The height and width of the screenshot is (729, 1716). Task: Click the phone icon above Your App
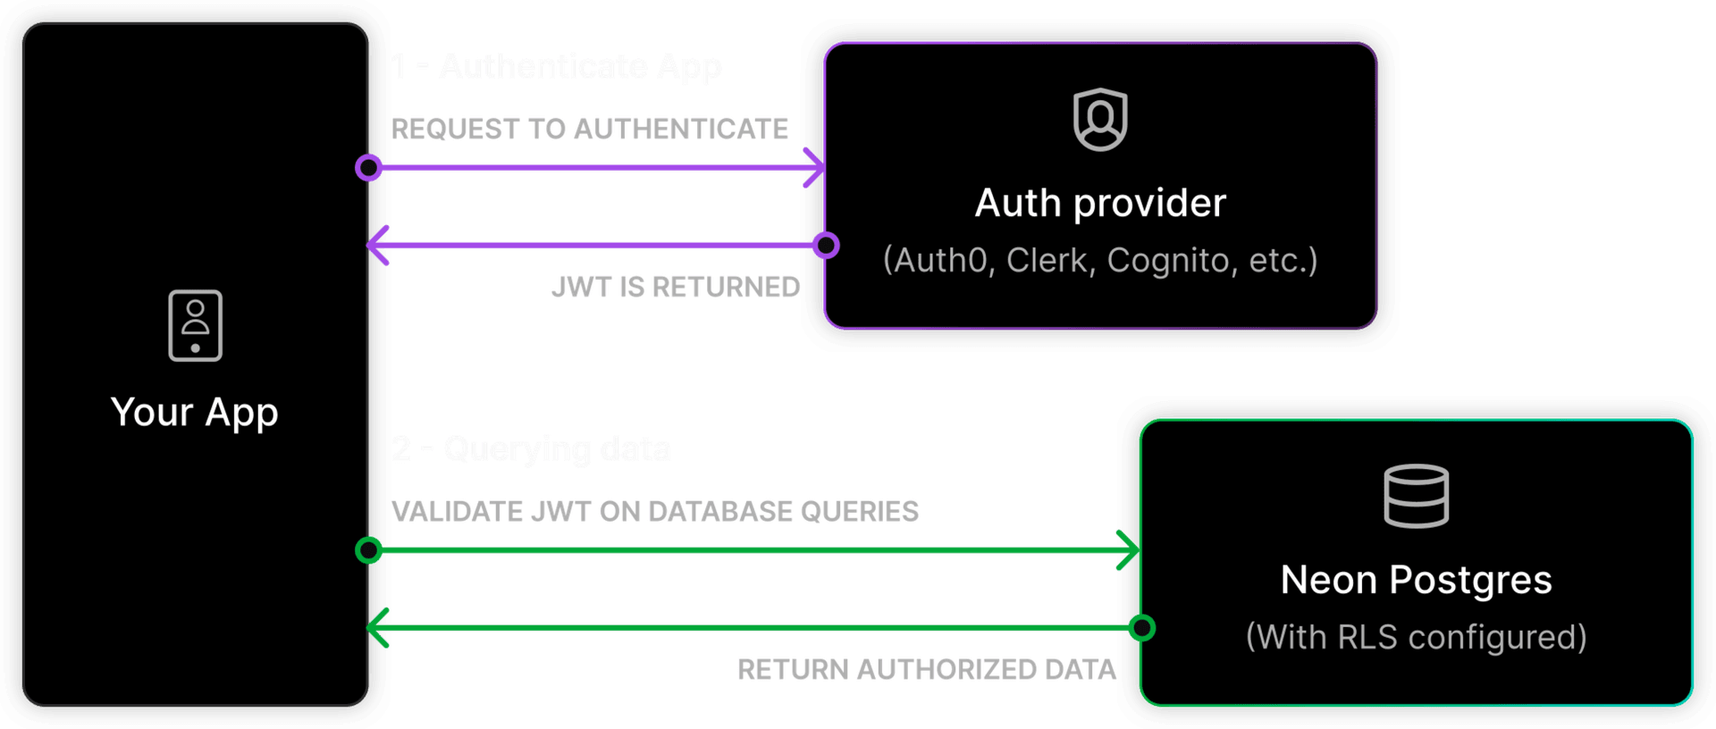point(195,325)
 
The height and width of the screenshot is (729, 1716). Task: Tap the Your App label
point(195,413)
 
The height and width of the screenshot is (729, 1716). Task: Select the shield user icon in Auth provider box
point(1100,120)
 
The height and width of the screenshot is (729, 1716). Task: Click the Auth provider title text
point(1100,204)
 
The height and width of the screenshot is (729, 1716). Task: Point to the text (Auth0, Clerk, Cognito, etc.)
point(1100,260)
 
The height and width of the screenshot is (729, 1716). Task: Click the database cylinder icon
point(1416,496)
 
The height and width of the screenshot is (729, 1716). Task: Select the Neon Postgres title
point(1416,581)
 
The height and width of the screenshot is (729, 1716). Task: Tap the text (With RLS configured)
point(1416,637)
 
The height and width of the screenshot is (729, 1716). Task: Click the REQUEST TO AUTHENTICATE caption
point(590,130)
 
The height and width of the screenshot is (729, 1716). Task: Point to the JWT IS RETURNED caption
point(676,287)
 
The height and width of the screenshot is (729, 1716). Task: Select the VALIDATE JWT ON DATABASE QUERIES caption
point(655,511)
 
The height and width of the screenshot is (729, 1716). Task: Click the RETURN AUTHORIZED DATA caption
point(927,669)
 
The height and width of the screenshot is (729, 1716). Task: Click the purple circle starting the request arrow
point(369,167)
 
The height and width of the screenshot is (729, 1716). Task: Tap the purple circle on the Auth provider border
point(826,245)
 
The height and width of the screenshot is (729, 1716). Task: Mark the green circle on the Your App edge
point(369,549)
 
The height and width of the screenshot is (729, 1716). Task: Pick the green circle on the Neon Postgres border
point(1141,628)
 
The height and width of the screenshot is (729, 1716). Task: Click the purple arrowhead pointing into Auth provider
point(814,167)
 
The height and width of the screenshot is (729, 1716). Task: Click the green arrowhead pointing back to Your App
point(378,628)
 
